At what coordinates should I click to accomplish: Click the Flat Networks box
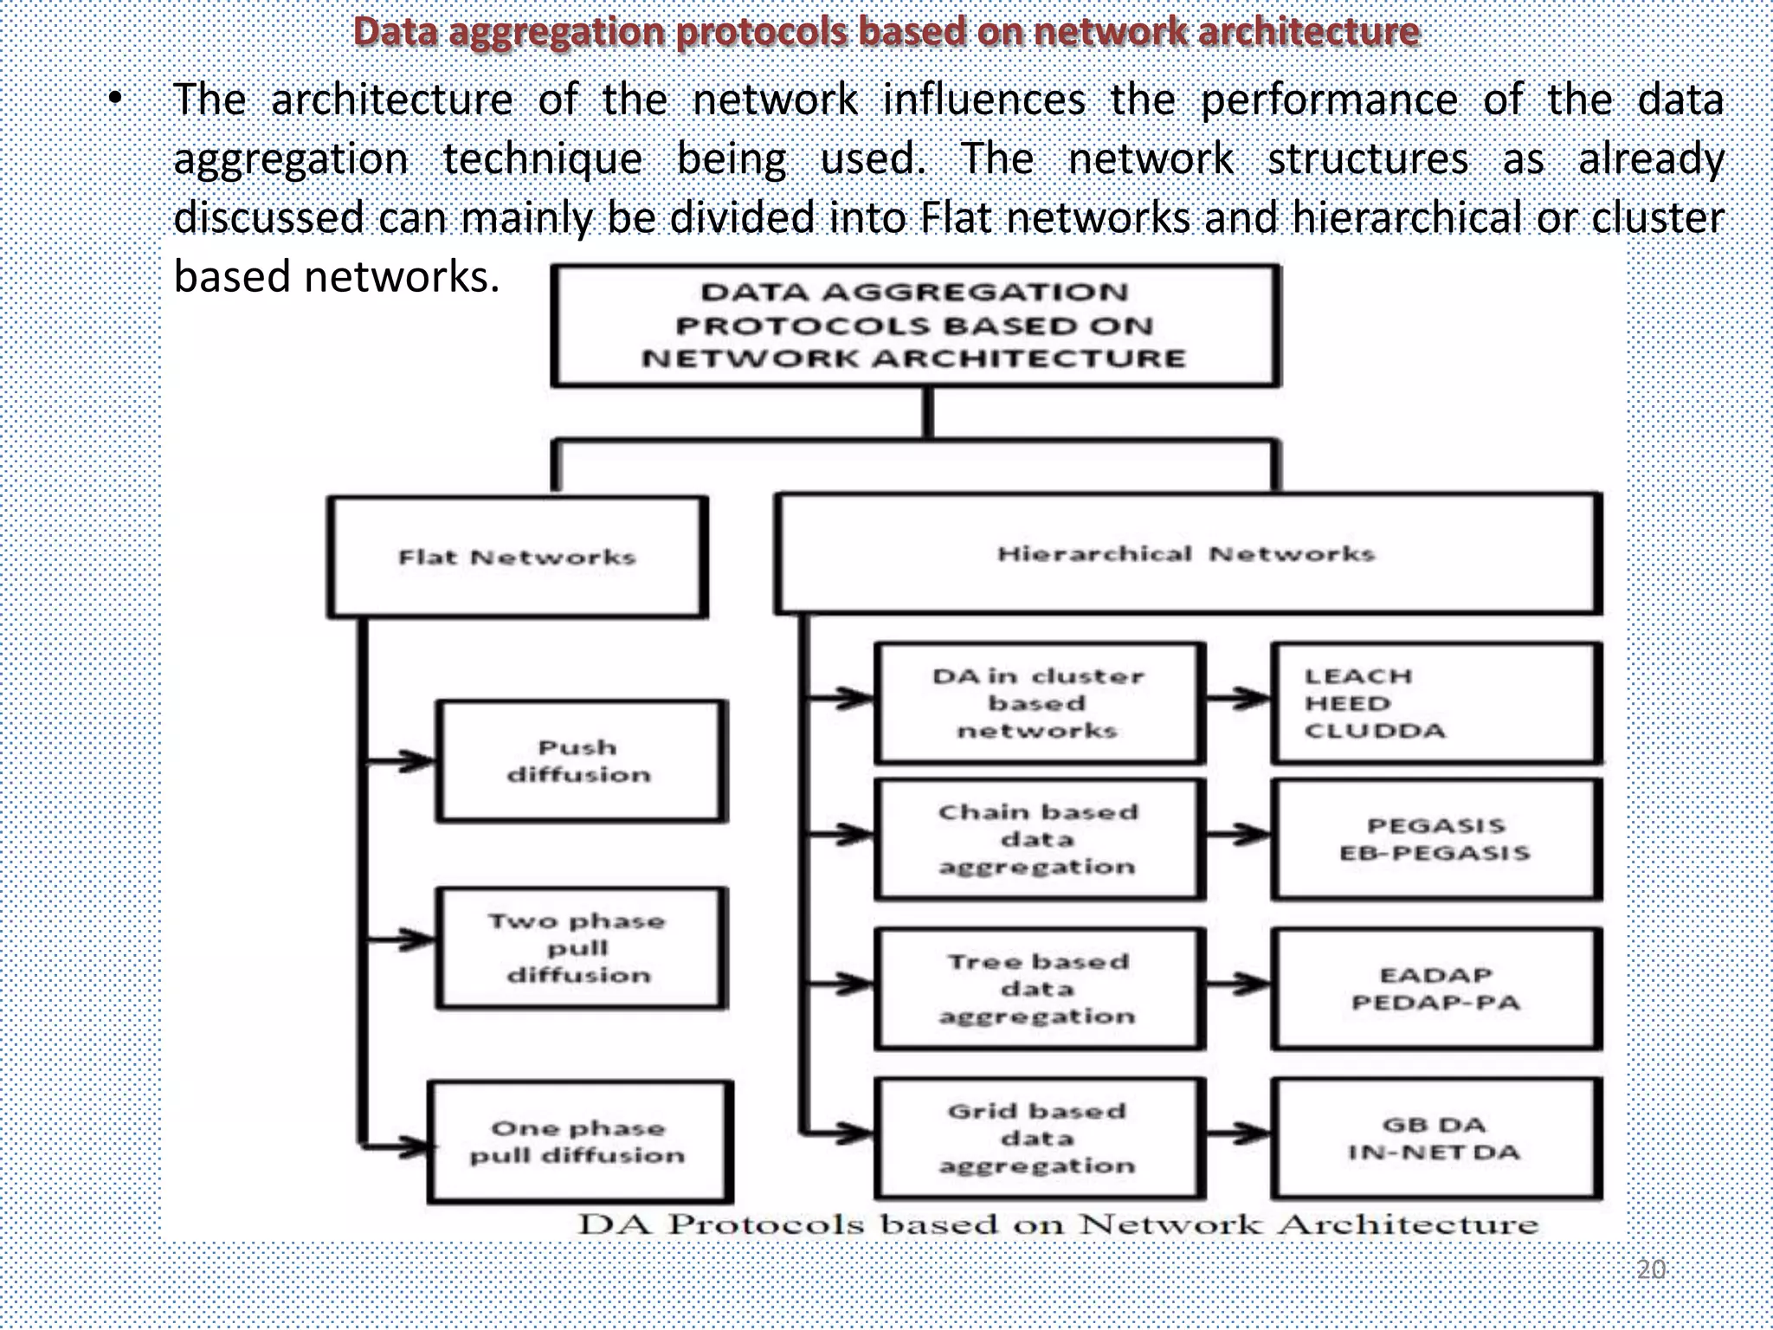coord(517,557)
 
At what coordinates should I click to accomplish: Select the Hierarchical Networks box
coord(1187,553)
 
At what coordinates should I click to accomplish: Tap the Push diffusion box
coord(579,761)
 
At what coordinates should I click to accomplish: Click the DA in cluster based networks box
coord(1038,703)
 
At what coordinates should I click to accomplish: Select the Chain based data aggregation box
coord(1038,839)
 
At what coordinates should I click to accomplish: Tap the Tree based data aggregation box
coord(1038,988)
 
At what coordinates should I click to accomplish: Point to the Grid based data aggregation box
coord(1038,1138)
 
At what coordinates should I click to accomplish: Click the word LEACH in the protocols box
coord(1358,676)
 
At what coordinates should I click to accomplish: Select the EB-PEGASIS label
coord(1435,853)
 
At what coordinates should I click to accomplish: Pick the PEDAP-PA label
coord(1435,1003)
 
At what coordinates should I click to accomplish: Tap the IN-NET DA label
coord(1434,1152)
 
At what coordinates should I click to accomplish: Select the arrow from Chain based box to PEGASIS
coord(1238,836)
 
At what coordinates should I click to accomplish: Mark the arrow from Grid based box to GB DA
coord(1238,1133)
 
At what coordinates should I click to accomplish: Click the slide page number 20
coord(1651,1269)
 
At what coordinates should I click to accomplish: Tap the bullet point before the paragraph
coord(115,100)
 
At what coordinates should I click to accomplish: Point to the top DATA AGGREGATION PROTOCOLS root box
coord(915,326)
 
